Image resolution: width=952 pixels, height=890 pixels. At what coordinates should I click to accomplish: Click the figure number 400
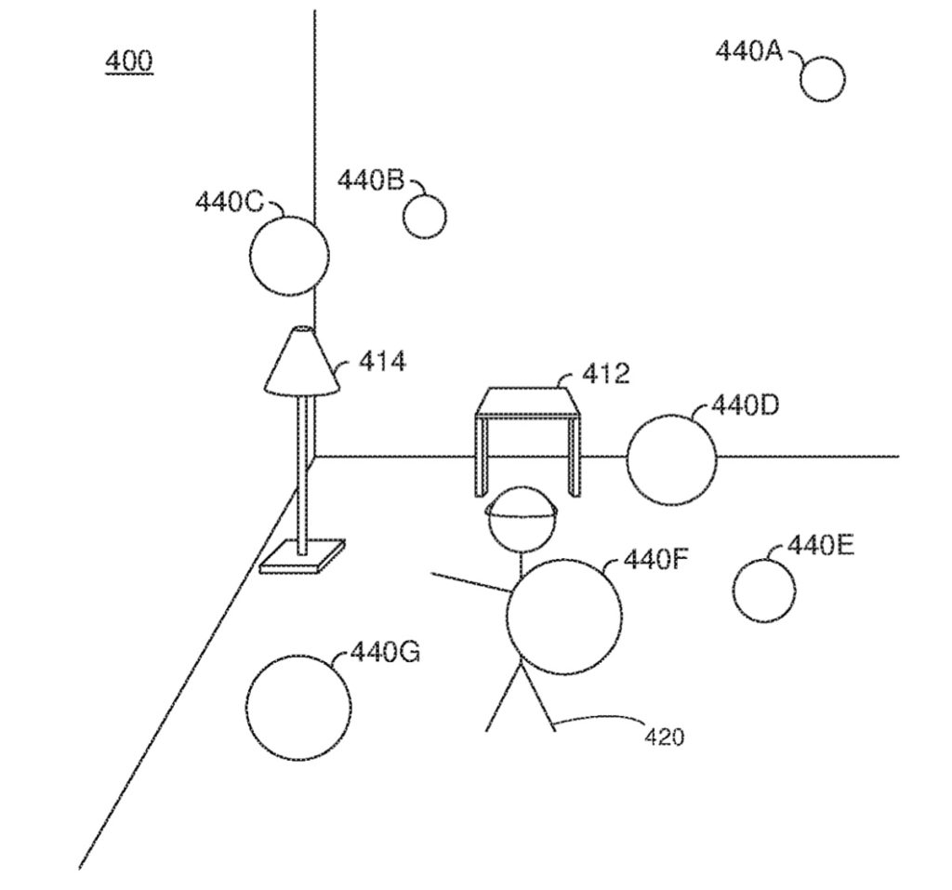(x=129, y=61)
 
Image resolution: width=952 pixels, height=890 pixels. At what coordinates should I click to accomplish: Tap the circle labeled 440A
(x=822, y=79)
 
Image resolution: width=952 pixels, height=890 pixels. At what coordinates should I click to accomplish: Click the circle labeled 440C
(x=288, y=256)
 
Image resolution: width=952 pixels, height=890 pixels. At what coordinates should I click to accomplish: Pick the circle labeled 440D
(x=671, y=460)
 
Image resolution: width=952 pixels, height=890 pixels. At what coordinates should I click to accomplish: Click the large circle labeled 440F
(x=564, y=617)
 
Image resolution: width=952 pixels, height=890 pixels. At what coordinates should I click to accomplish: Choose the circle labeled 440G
(x=300, y=707)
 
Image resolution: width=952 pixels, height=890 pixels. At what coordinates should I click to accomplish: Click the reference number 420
(x=664, y=737)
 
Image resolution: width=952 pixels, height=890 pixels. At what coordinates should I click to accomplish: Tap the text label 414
(x=381, y=361)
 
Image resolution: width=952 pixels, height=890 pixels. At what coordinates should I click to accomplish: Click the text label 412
(x=605, y=374)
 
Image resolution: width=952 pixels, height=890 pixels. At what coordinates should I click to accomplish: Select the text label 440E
(x=820, y=545)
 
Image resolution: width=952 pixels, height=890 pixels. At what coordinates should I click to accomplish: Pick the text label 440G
(x=385, y=653)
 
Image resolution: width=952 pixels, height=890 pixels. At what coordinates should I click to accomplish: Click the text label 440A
(x=749, y=50)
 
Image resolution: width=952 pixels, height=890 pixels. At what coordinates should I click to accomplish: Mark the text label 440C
(x=229, y=202)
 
